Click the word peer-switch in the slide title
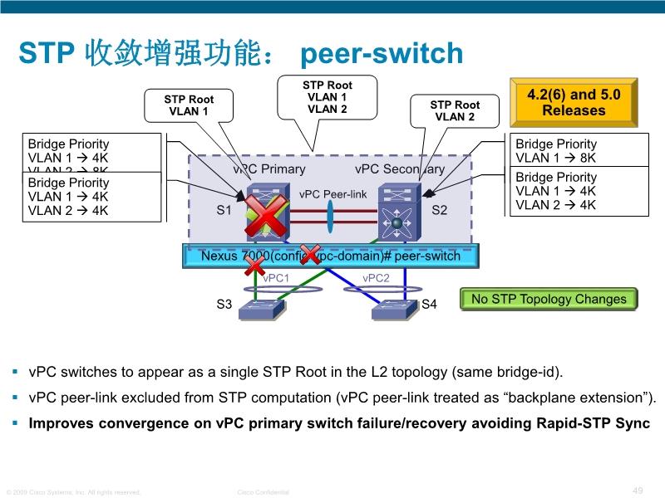tap(381, 54)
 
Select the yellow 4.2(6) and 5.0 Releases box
tap(573, 102)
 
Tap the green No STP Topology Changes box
tap(549, 300)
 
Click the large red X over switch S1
tap(265, 217)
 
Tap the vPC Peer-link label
tap(332, 194)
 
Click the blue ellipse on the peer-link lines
tap(330, 222)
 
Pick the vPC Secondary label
tap(399, 169)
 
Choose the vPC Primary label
tap(269, 169)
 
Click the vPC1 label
tap(276, 278)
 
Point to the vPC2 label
tap(376, 278)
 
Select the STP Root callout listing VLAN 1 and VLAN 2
tap(327, 97)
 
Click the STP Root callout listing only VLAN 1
tap(188, 105)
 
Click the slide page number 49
tap(638, 491)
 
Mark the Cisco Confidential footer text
tap(263, 492)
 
